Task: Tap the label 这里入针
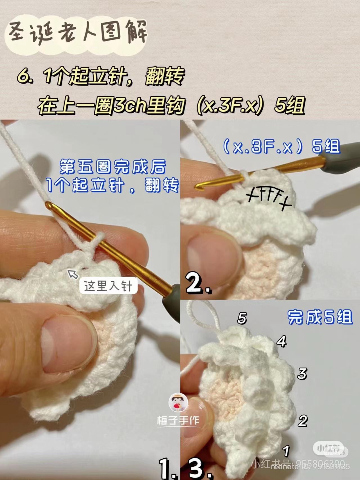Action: (108, 286)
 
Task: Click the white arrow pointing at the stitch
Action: (73, 273)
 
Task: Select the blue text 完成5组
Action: (320, 317)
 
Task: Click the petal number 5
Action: (242, 318)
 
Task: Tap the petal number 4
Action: (282, 341)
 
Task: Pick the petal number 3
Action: (302, 374)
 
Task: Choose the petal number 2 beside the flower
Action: (303, 421)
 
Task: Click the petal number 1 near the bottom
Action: (286, 451)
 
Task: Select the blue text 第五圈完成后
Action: (112, 167)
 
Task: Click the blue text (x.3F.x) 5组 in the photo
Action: (281, 147)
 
